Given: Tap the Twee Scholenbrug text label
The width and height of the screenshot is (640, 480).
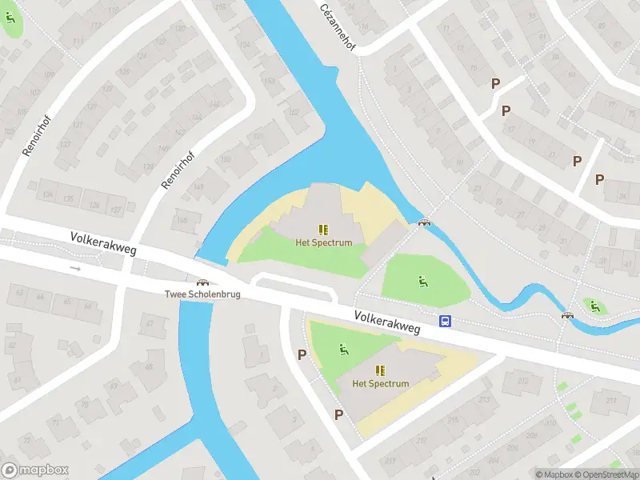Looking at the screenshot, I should [x=203, y=294].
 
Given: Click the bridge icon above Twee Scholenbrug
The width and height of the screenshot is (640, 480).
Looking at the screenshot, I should [x=203, y=281].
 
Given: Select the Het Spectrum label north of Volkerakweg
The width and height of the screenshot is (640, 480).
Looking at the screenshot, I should [x=324, y=242].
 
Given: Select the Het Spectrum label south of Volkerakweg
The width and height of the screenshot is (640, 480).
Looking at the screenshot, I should [x=381, y=383].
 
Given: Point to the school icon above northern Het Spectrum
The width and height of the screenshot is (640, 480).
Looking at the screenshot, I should [x=324, y=230].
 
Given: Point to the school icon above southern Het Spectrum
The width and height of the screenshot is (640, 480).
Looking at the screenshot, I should [x=381, y=370].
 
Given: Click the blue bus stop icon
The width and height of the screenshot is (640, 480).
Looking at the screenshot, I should [x=445, y=322].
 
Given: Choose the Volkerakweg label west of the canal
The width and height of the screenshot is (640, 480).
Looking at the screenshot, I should [x=103, y=244].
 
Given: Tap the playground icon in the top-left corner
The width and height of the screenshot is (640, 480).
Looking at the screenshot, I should [x=11, y=18].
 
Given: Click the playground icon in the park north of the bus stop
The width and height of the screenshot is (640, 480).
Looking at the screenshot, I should [x=422, y=280].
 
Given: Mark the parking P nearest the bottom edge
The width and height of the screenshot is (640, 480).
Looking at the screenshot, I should [x=339, y=414].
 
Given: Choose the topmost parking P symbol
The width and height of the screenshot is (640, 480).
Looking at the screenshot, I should [x=495, y=83].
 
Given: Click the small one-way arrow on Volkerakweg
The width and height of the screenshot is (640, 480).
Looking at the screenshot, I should [x=76, y=269].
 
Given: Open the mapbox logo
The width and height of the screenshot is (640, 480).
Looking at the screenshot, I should [x=35, y=470].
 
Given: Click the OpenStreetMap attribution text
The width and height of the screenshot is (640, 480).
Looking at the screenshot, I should [x=606, y=474].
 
